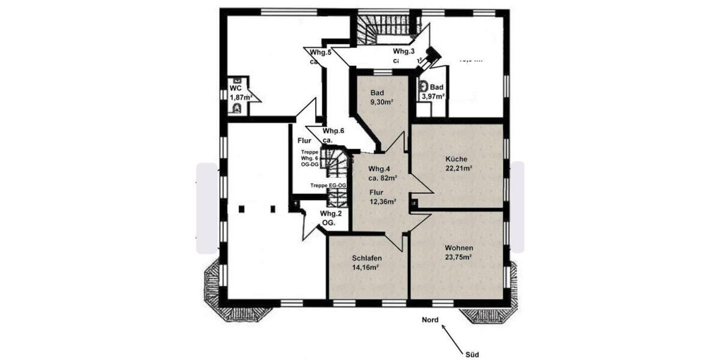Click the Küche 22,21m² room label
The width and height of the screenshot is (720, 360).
457,163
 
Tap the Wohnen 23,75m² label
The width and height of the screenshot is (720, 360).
458,253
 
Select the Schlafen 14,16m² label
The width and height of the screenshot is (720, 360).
367,262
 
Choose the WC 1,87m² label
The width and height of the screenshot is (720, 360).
239,92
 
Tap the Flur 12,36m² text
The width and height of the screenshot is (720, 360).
382,197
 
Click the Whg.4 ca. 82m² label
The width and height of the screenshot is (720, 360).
382,173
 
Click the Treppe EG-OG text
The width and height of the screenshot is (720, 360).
328,185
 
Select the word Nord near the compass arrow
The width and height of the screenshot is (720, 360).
431,320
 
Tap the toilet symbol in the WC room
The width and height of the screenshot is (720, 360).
238,108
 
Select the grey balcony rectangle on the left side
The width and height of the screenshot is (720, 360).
207,208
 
